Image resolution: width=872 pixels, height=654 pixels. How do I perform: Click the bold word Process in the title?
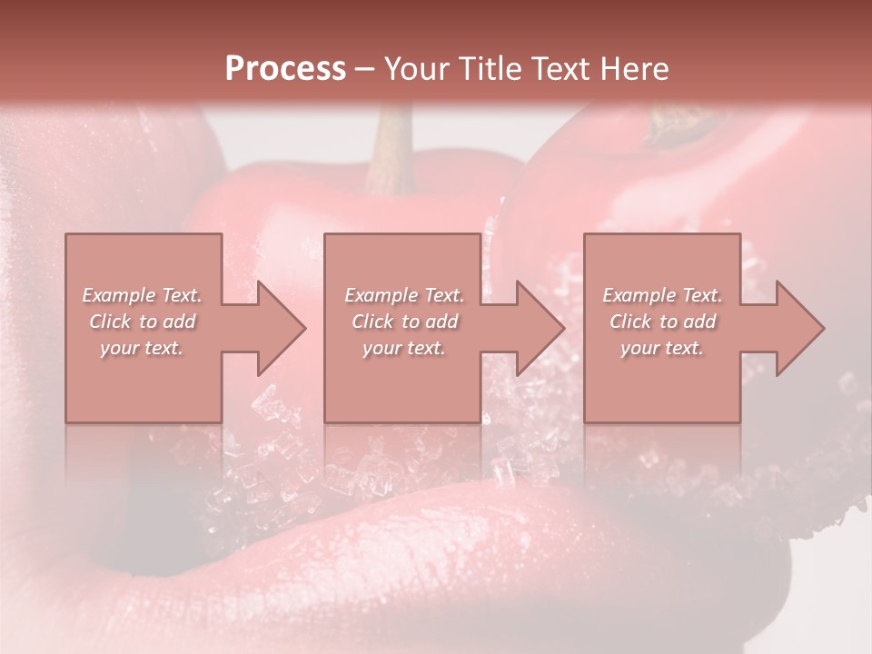285,69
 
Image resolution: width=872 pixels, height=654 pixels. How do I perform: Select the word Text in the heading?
560,69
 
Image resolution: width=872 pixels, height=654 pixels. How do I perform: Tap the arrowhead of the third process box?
800,328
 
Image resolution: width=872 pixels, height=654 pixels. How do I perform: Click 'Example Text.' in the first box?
142,295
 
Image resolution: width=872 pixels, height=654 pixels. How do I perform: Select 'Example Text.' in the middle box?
403,295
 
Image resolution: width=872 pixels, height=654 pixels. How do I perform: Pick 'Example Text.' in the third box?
662,295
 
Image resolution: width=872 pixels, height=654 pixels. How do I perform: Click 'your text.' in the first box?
142,348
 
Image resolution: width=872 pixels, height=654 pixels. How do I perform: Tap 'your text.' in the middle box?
403,348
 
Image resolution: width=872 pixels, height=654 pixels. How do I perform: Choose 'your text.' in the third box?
662,348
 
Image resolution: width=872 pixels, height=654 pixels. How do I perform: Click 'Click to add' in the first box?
142,322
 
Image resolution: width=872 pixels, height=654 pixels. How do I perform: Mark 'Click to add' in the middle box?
403,322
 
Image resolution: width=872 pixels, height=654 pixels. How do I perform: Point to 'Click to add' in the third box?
662,322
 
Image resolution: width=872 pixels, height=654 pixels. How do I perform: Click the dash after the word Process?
364,70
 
